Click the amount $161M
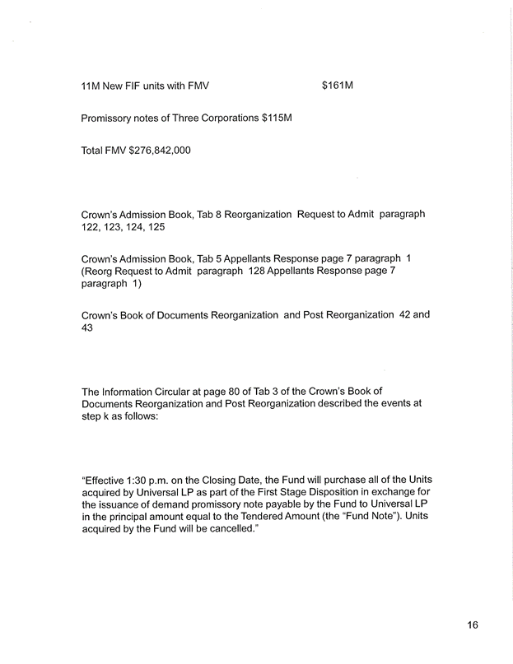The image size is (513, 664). tap(338, 85)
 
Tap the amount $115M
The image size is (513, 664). tap(277, 118)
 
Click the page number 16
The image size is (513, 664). tap(472, 625)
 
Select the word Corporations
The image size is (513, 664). tap(224, 118)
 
